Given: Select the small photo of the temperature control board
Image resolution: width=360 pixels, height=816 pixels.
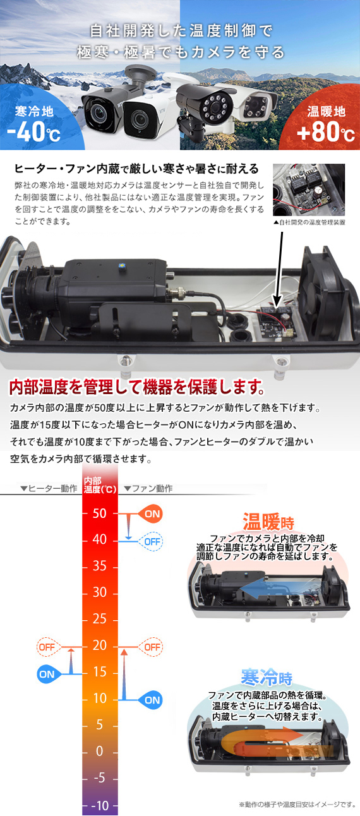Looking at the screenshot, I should pos(309,190).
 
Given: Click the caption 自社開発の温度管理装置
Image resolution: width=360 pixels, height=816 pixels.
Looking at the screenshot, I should pos(309,222).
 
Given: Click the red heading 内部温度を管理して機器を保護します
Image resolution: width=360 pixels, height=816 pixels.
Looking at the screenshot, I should pos(135,386).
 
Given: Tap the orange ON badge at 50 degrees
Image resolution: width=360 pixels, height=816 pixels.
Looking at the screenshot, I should pos(150,513).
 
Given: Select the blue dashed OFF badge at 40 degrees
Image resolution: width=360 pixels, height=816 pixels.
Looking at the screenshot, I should pos(150,541).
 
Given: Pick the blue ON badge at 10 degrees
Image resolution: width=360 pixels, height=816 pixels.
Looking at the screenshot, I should pos(150,700).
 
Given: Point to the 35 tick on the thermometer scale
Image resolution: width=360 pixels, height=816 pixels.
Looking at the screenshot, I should pos(100,567).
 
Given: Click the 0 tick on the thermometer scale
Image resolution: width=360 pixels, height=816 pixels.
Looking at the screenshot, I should pos(100,752).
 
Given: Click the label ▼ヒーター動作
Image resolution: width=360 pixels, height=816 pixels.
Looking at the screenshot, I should pos(49,488).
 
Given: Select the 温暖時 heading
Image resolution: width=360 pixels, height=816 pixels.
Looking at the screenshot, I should pos(268,523).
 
